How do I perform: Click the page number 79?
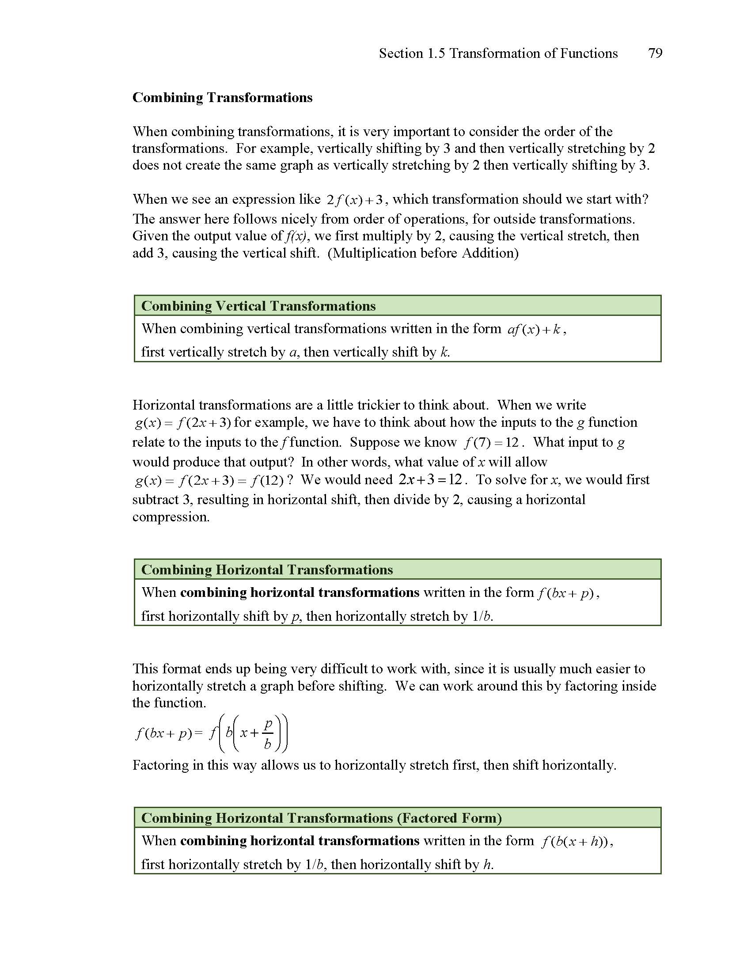click(655, 53)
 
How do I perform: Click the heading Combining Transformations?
click(223, 98)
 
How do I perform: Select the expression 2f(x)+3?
click(355, 200)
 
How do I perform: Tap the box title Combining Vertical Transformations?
click(258, 306)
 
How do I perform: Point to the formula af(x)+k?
click(536, 330)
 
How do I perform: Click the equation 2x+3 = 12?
click(431, 480)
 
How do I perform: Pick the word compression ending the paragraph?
click(171, 517)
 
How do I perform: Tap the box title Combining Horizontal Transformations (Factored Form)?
click(322, 818)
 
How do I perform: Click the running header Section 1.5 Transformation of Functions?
click(498, 53)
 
